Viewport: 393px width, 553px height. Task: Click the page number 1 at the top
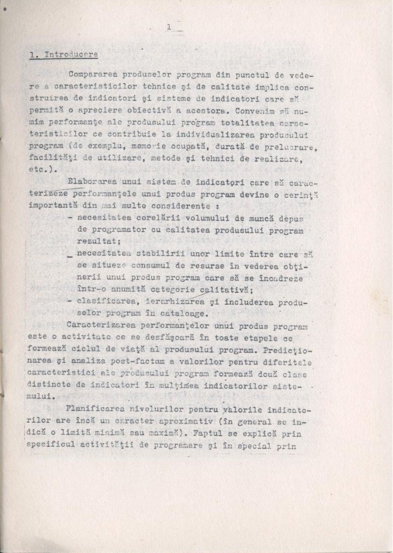pos(169,26)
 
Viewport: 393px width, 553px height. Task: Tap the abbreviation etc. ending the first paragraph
pos(40,168)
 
